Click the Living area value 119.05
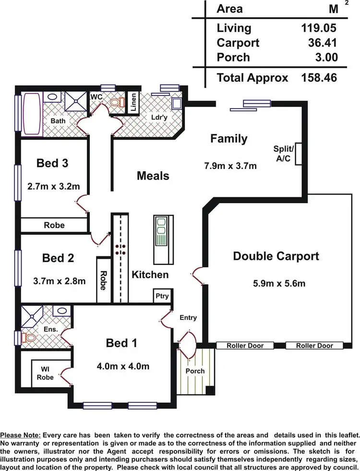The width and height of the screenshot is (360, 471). [318, 28]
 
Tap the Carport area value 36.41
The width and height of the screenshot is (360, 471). [323, 43]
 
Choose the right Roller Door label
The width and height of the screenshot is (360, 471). [314, 345]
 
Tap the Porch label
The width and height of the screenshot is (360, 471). [195, 371]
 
